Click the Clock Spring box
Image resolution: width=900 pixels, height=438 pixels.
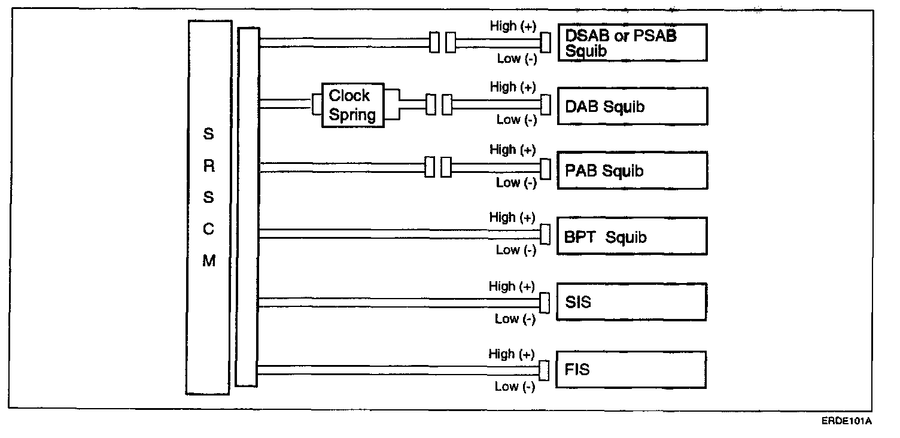[x=352, y=105]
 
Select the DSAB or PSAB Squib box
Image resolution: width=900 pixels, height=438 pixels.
[x=632, y=42]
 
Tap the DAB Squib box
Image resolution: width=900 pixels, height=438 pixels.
[x=632, y=107]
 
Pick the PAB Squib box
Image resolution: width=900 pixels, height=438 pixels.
[x=632, y=171]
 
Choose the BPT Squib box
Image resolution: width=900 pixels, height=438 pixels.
[x=632, y=236]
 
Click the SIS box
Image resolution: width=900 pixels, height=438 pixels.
[x=632, y=302]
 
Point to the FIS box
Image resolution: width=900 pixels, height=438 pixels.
[x=632, y=370]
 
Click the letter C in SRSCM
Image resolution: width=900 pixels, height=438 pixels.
[x=208, y=230]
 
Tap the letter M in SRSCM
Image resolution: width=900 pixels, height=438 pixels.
[x=208, y=261]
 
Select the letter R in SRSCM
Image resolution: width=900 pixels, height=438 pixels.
[x=208, y=167]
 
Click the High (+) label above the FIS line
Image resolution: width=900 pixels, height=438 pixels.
[x=512, y=354]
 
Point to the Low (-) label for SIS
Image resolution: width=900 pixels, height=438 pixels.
[x=515, y=319]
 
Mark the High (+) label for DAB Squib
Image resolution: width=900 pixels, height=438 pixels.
[x=512, y=87]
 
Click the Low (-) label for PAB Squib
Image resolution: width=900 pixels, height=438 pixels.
[x=516, y=182]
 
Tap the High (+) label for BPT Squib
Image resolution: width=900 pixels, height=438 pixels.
[x=512, y=217]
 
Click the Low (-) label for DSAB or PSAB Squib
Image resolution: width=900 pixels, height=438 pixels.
[x=517, y=59]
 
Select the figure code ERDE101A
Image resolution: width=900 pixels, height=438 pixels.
[x=846, y=421]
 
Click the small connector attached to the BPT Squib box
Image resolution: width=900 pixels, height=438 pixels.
[x=545, y=234]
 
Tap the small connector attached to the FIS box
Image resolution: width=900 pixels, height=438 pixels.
[x=544, y=370]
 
